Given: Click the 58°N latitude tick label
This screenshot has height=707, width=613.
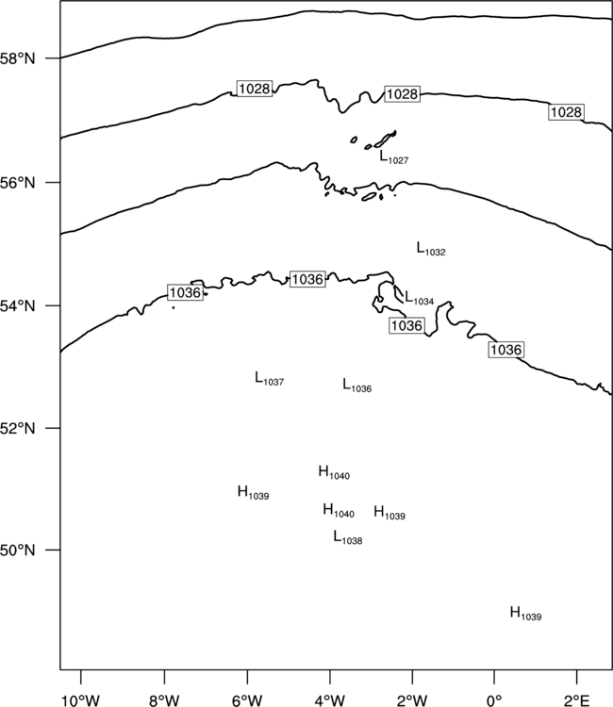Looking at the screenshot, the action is tap(18, 58).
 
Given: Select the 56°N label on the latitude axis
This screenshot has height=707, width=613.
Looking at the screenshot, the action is tap(18, 183).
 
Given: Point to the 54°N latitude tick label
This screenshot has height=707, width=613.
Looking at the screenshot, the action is tap(18, 306).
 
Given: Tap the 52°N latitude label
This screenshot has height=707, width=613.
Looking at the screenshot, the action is tap(18, 428).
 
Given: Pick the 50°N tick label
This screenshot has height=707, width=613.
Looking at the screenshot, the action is tap(18, 551).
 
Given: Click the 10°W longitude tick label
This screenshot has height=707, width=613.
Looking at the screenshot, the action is tap(81, 700).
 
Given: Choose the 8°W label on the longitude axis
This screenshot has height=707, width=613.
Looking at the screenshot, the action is tap(164, 700).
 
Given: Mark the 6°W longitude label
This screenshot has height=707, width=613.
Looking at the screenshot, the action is tap(247, 700).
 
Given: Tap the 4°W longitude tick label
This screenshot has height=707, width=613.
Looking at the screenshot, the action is tap(330, 700).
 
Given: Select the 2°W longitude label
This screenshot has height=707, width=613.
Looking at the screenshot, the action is tap(412, 700).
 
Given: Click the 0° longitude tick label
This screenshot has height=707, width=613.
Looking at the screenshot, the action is tap(494, 700).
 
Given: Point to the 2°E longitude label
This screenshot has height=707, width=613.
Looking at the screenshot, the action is tap(576, 700).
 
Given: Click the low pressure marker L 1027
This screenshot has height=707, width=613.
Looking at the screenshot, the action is tap(394, 156).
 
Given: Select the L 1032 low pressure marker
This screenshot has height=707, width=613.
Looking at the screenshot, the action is tap(431, 249).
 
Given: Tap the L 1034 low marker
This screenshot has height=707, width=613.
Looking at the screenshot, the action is tap(419, 298).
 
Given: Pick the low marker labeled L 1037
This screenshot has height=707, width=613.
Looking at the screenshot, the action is tap(270, 379).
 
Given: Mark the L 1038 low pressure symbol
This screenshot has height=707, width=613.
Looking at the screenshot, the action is tap(348, 537).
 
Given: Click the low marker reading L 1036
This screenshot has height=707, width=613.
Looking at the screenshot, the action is tap(357, 386).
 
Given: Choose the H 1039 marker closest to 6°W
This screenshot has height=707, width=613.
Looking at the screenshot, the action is tap(253, 492).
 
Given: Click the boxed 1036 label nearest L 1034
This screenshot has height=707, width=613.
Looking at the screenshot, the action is tap(406, 325).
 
